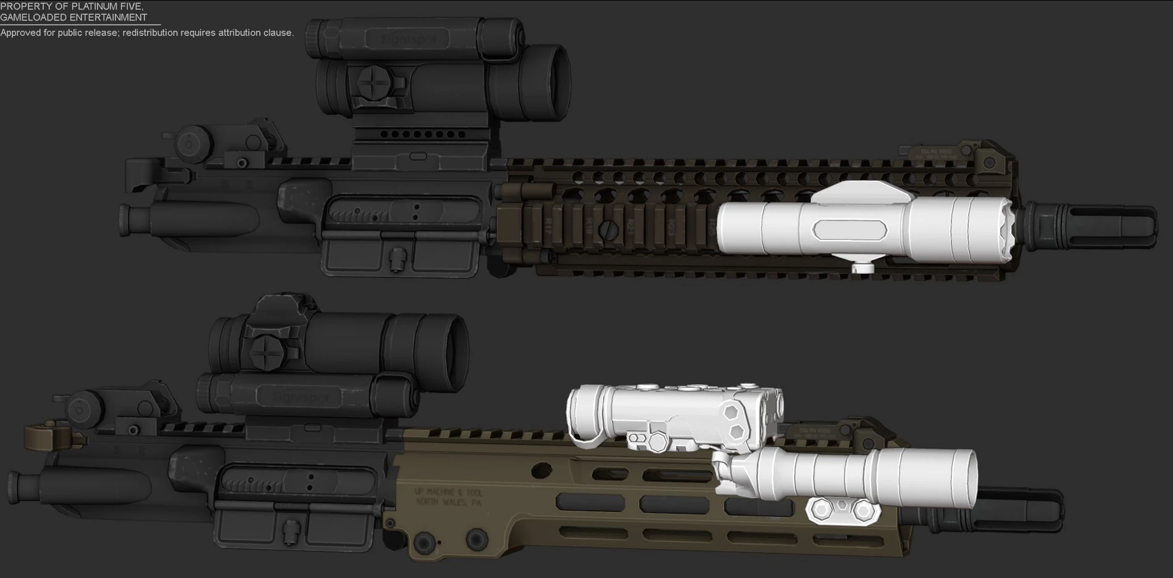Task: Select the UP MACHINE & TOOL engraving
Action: [449, 492]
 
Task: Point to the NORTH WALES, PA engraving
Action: [449, 503]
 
